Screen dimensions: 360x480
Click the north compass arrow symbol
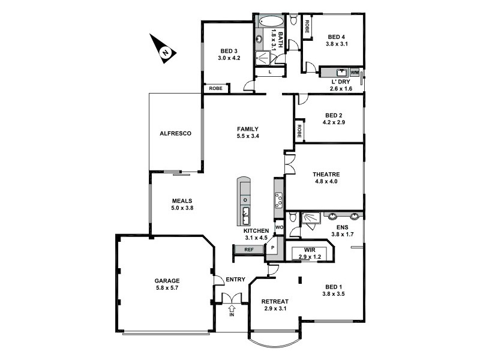click(x=164, y=49)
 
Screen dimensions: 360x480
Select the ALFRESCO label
click(x=175, y=133)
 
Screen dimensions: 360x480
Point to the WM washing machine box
click(x=354, y=72)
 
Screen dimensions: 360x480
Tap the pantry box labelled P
click(x=272, y=247)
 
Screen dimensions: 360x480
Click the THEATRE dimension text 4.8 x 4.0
click(x=326, y=182)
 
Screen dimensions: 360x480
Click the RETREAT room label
click(x=276, y=301)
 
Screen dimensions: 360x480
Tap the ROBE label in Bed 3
click(x=217, y=88)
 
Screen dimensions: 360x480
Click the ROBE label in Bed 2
click(x=298, y=130)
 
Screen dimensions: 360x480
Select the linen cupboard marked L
click(x=271, y=72)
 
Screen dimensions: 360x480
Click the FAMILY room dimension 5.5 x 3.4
click(x=247, y=136)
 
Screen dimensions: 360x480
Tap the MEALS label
click(x=181, y=200)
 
